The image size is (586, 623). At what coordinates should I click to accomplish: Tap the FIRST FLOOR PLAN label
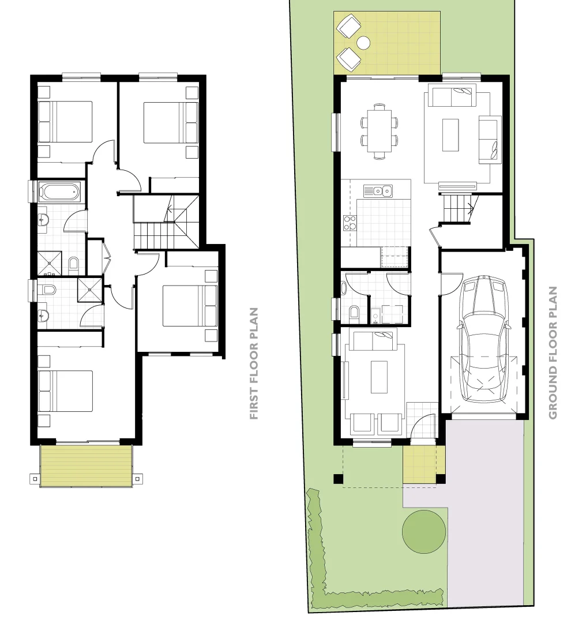[x=253, y=363]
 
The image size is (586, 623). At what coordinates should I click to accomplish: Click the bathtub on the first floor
[x=59, y=192]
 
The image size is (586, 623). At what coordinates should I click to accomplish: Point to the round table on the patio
[x=363, y=42]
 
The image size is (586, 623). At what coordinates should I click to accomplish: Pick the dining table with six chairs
[x=379, y=131]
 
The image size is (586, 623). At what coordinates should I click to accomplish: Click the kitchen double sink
[x=378, y=190]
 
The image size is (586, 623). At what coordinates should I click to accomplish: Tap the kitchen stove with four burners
[x=350, y=223]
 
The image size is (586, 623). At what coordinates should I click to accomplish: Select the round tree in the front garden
[x=424, y=531]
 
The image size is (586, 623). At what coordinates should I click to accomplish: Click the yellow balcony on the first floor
[x=86, y=465]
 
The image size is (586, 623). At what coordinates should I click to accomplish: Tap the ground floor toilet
[x=354, y=314]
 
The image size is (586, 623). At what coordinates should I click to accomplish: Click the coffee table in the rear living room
[x=450, y=135]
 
